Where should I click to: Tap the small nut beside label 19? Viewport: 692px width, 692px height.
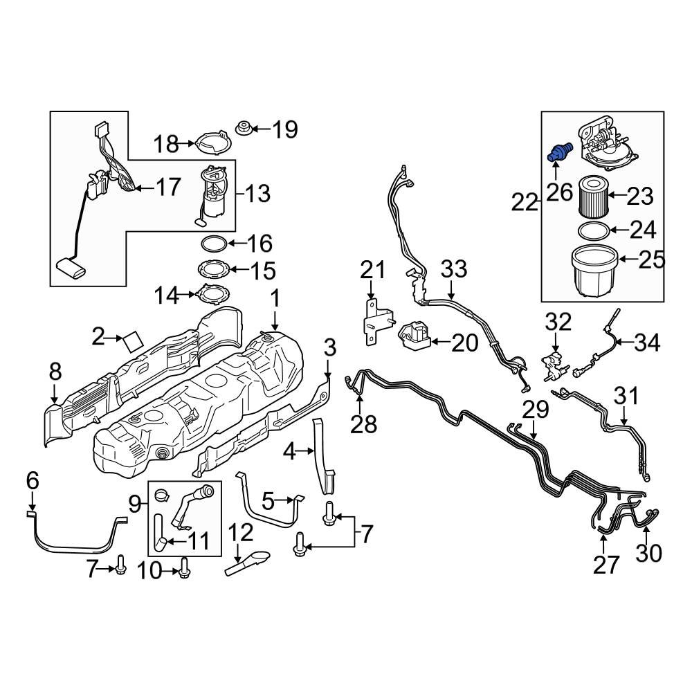point(244,128)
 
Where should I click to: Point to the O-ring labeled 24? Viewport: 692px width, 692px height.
point(592,230)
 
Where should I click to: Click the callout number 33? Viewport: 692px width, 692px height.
point(455,269)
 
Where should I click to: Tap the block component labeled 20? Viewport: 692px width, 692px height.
point(413,338)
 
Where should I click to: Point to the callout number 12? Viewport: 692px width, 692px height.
point(242,533)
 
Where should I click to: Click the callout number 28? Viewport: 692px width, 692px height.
point(363,424)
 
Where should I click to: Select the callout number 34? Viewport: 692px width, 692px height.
point(647,342)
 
